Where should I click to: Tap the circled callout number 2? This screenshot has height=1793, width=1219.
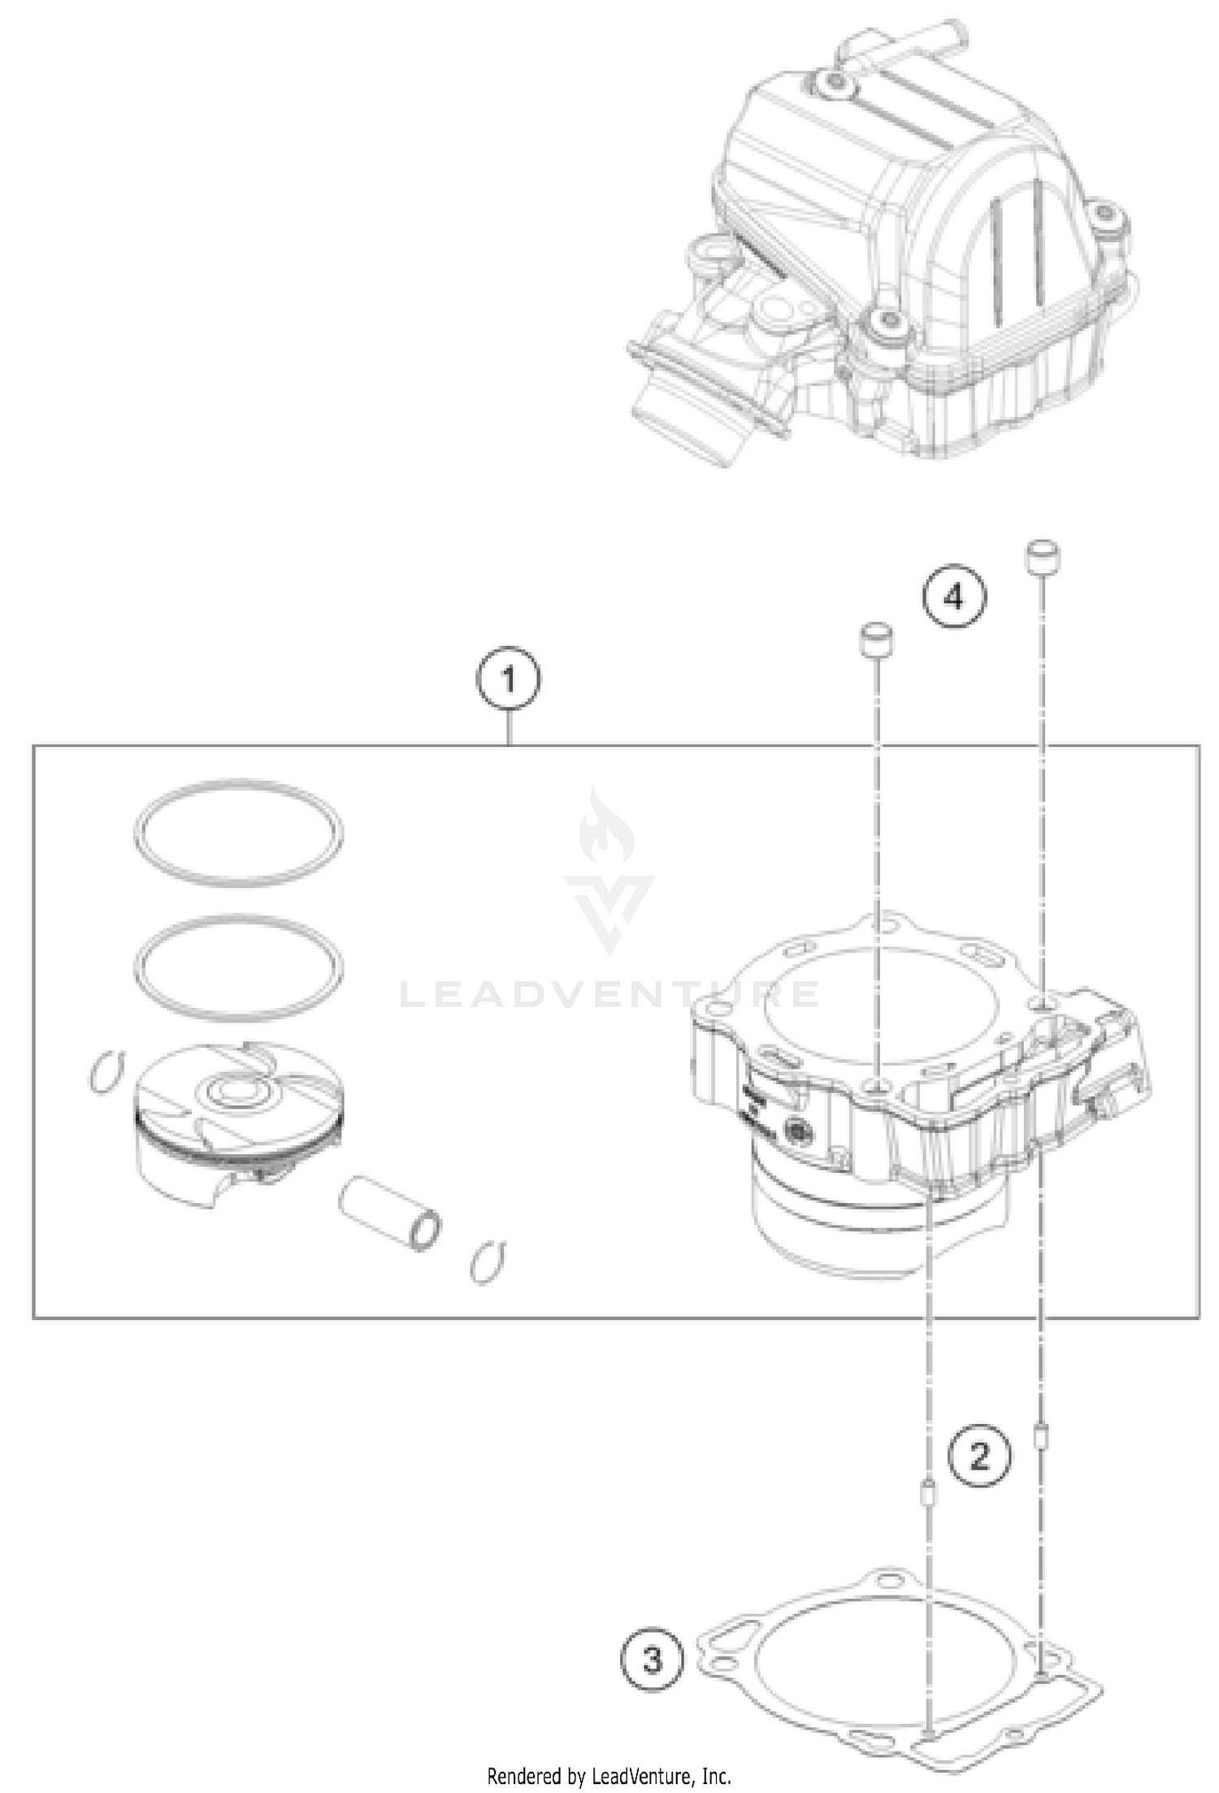(981, 1457)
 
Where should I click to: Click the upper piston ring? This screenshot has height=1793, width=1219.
(238, 831)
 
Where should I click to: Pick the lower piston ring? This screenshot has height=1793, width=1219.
(238, 969)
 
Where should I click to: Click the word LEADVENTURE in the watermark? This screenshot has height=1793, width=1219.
(609, 993)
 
